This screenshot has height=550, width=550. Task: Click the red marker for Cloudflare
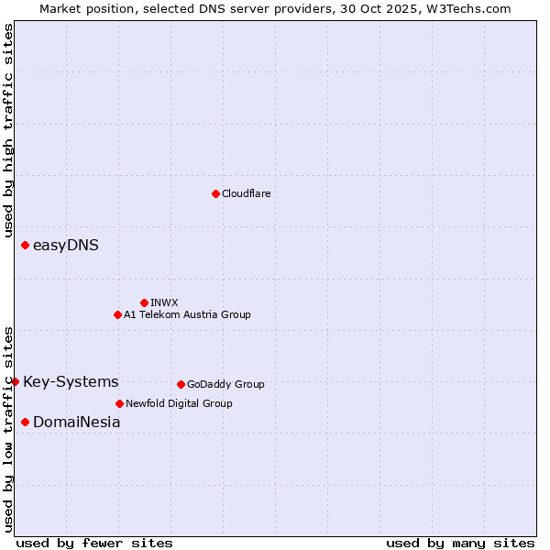pyautogui.click(x=215, y=193)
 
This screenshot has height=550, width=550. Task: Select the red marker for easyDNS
pyautogui.click(x=25, y=245)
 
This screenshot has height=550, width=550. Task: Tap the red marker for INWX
pyautogui.click(x=144, y=302)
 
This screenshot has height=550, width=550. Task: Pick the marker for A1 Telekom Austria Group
pyautogui.click(x=117, y=314)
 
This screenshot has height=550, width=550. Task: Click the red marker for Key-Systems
pyautogui.click(x=16, y=381)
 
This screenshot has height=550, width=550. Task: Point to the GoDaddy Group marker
pyautogui.click(x=181, y=384)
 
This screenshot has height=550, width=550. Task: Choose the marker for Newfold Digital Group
pyautogui.click(x=119, y=403)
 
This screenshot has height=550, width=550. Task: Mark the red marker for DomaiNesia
pyautogui.click(x=25, y=422)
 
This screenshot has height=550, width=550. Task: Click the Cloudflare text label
pyautogui.click(x=246, y=193)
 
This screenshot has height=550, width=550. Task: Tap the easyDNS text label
pyautogui.click(x=66, y=245)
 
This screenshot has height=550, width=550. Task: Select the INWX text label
pyautogui.click(x=164, y=302)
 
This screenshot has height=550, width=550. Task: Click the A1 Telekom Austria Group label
pyautogui.click(x=187, y=314)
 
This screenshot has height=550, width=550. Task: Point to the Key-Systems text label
pyautogui.click(x=71, y=381)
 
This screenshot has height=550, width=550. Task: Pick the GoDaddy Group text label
pyautogui.click(x=225, y=384)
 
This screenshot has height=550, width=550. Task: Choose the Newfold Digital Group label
pyautogui.click(x=179, y=403)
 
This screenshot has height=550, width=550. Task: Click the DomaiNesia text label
pyautogui.click(x=76, y=422)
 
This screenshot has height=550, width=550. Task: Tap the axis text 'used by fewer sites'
pyautogui.click(x=94, y=543)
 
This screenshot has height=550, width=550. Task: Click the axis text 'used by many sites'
pyautogui.click(x=460, y=543)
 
